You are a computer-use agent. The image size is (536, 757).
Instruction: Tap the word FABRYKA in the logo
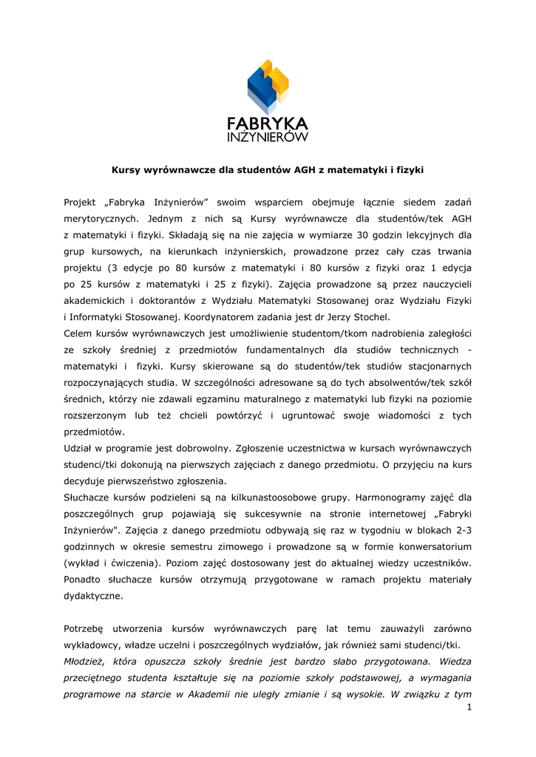pyautogui.click(x=268, y=123)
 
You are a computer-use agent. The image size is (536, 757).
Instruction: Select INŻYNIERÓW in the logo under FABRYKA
pyautogui.click(x=268, y=137)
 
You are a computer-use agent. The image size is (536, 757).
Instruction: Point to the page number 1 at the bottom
pyautogui.click(x=469, y=708)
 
